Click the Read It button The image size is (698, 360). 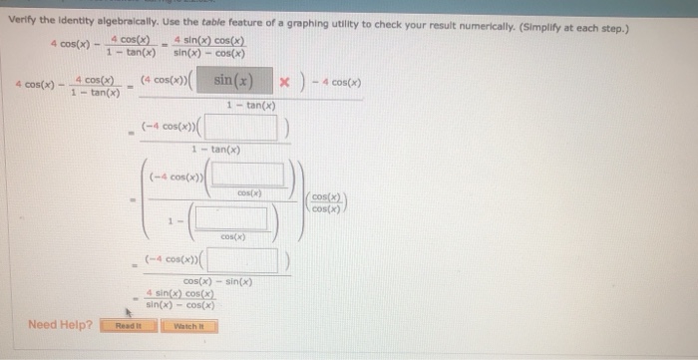[x=129, y=325]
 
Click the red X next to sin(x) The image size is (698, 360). [x=285, y=81]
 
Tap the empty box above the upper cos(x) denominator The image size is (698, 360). [x=249, y=176]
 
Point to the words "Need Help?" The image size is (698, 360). [x=61, y=325]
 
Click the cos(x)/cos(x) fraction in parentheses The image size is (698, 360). [x=325, y=202]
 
